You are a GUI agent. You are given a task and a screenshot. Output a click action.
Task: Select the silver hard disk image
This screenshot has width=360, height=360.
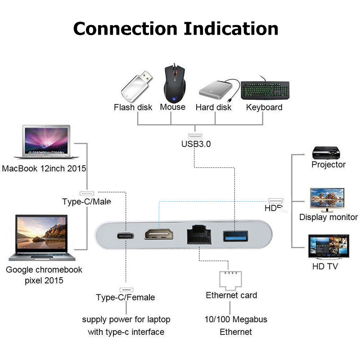pos(215,89)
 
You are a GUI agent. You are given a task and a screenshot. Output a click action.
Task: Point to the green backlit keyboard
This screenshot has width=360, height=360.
pos(265,90)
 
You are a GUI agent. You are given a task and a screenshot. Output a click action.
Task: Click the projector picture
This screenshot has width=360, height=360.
pos(328,151)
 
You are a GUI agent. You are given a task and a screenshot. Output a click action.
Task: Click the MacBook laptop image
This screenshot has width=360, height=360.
pos(43,142)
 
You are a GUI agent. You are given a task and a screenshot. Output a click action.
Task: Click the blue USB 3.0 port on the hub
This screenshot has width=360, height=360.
pos(234,235)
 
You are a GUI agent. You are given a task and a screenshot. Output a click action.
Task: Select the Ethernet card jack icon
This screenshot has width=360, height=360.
pos(231,279)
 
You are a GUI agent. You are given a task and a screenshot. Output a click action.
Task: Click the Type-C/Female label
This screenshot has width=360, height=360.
pos(125,297)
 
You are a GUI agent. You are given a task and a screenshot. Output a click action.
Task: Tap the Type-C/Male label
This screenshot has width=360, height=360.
pos(86,201)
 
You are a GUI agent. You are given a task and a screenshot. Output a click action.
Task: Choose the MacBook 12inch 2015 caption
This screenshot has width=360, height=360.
pos(44,169)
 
